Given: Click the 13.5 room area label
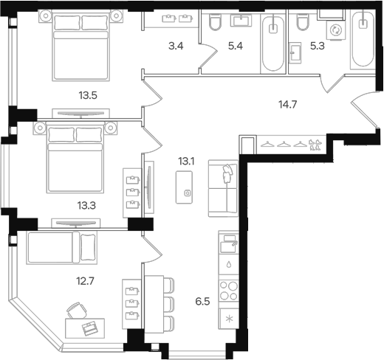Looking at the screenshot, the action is click(x=88, y=95).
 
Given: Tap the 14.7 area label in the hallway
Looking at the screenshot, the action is click(x=288, y=105).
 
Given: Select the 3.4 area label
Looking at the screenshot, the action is click(x=176, y=46).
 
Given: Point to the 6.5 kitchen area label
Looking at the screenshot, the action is click(x=202, y=301).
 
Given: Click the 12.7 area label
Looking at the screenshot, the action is click(x=85, y=281).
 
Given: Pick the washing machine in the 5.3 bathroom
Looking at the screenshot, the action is click(x=336, y=30).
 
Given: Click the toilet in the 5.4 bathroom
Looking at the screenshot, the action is click(x=215, y=21).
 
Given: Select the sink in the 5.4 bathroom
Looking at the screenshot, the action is click(x=241, y=20).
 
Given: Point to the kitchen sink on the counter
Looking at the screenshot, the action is click(x=228, y=243).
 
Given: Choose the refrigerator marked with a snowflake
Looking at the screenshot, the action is click(x=229, y=319).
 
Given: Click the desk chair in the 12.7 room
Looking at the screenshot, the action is click(x=77, y=311).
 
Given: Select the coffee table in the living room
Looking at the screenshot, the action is click(x=184, y=187).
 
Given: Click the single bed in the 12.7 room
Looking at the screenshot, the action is click(x=62, y=248).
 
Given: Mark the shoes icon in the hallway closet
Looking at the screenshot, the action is click(x=315, y=145).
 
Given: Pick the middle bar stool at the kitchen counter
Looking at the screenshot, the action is click(x=169, y=305).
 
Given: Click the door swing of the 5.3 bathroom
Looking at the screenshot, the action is click(x=332, y=84).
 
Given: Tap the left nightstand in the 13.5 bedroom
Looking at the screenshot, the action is click(x=46, y=15).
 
